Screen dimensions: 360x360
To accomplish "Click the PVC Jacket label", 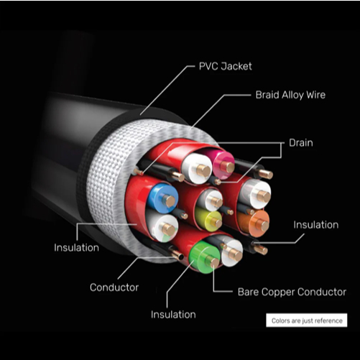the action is (225, 66).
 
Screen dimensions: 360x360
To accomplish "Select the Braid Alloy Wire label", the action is (290, 95).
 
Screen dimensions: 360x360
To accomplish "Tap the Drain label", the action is (301, 143).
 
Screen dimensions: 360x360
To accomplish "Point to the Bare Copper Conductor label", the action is (292, 292).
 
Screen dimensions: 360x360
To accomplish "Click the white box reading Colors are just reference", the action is (307, 320).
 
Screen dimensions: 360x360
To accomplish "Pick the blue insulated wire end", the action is (163, 198).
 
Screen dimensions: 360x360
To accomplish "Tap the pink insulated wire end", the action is (224, 165).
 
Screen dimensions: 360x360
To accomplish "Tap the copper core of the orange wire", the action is (262, 225).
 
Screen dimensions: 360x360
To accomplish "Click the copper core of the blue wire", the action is (170, 201).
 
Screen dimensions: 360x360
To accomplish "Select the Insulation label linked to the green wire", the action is (173, 315).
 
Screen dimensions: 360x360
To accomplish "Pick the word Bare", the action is (248, 292).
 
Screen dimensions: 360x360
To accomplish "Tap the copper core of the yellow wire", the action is (217, 223).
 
